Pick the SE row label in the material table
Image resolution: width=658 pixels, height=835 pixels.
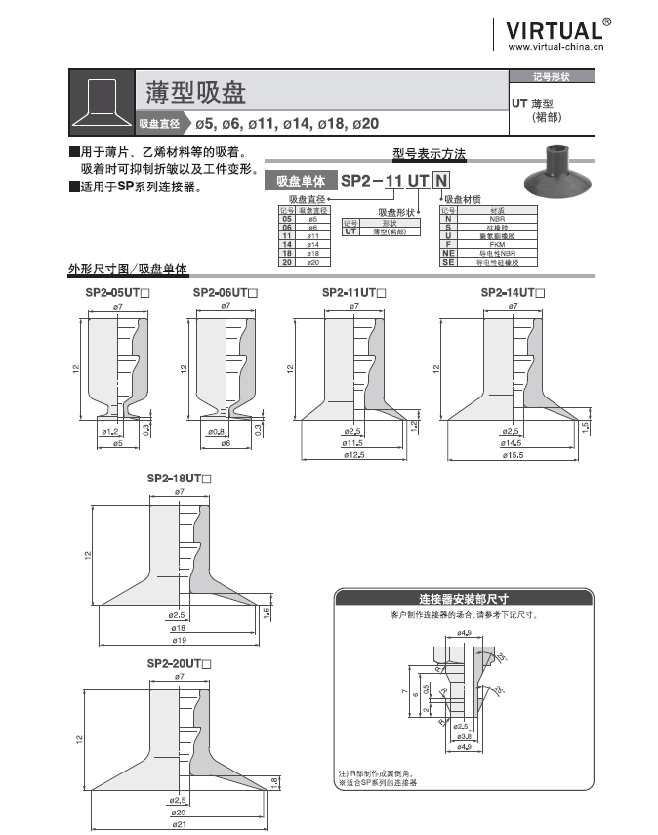pos(448,262)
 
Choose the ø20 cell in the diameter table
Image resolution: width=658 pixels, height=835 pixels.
pos(313,262)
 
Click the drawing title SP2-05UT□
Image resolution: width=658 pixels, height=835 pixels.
pos(117,293)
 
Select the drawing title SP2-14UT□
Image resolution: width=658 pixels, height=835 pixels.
pos(513,293)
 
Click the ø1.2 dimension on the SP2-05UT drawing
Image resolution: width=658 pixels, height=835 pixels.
pos(109,431)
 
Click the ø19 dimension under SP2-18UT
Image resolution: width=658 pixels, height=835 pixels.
pos(179,641)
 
